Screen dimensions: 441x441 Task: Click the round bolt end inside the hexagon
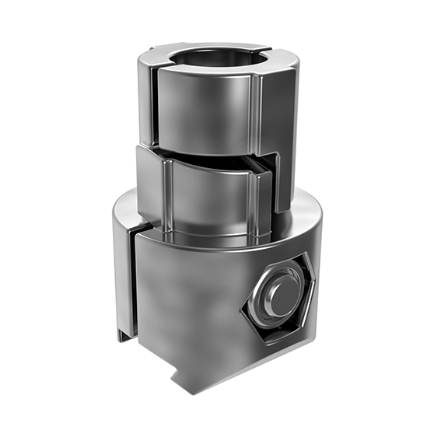[x=278, y=296]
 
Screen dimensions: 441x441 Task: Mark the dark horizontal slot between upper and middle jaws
[x=210, y=152]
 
